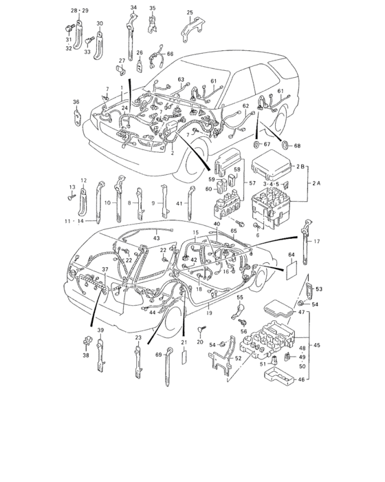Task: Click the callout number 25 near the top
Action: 190,12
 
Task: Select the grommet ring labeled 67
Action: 258,145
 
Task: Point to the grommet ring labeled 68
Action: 286,145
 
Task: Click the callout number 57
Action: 252,184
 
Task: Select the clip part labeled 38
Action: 88,340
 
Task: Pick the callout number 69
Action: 157,355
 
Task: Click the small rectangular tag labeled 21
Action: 184,357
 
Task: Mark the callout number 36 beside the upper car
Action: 76,102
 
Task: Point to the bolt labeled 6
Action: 256,227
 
